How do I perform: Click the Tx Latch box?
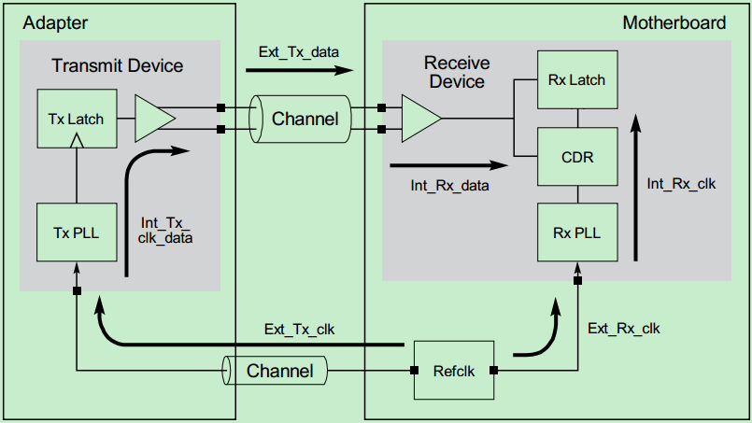[x=77, y=119]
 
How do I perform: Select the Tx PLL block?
[x=77, y=231]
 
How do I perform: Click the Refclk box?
[x=452, y=371]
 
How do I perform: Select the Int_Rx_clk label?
[x=681, y=184]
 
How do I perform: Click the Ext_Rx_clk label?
[x=624, y=329]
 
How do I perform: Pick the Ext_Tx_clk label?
[x=299, y=329]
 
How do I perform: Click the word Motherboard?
[x=674, y=22]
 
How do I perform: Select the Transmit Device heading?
[x=118, y=65]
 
